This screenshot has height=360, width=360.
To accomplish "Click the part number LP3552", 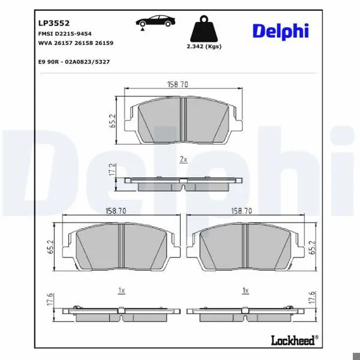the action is tap(54, 23).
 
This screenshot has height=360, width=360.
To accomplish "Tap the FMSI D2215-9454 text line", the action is tap(65, 34).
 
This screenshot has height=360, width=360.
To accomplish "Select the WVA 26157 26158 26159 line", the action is tap(76, 43).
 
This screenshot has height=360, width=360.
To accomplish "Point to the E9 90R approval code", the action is tap(74, 62).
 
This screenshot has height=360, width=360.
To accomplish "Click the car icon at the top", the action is tap(155, 22).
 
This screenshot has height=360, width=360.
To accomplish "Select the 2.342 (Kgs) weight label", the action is tap(204, 46).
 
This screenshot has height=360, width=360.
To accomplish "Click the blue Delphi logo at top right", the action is tap(281, 31).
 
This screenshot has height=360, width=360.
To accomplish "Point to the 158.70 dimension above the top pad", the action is tap(178, 84).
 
